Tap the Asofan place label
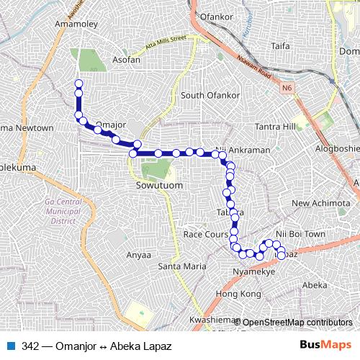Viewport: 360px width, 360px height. point(125,60)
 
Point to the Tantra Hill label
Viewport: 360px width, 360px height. point(276,127)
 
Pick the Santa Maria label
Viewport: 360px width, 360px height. point(177,266)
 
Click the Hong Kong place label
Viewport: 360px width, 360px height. point(237,295)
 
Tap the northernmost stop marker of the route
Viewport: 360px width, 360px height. point(78,84)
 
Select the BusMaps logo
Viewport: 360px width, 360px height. point(330,346)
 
